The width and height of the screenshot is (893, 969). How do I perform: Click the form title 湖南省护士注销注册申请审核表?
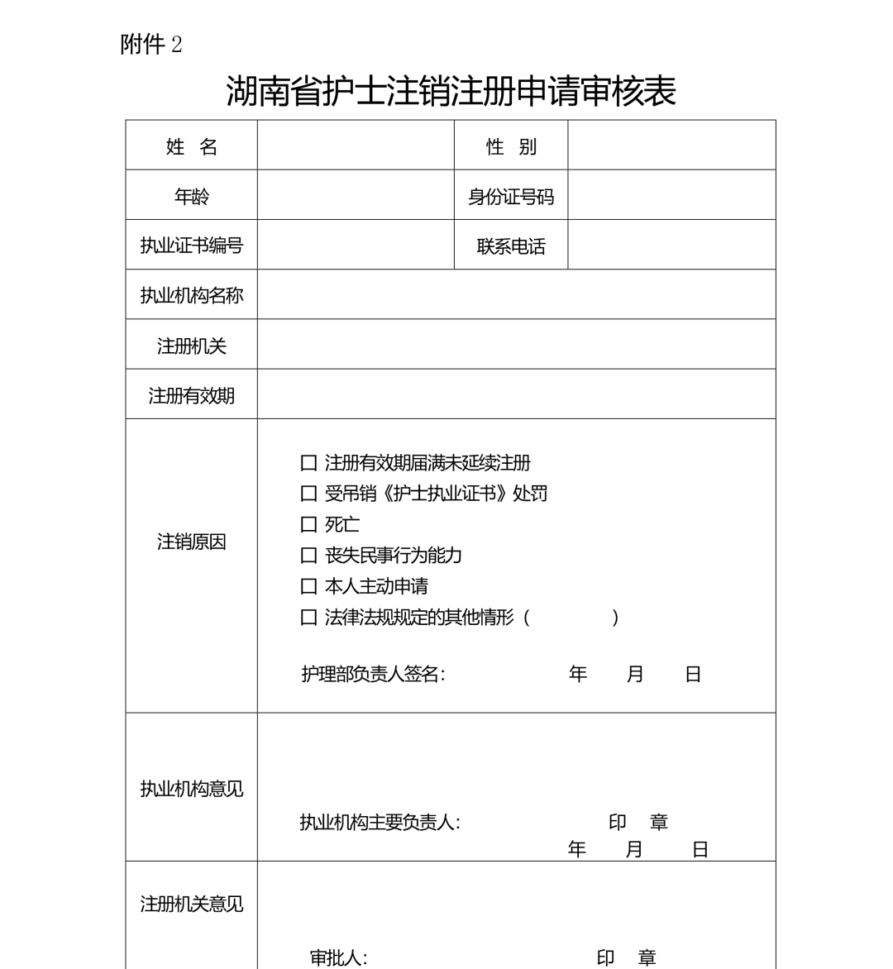[451, 91]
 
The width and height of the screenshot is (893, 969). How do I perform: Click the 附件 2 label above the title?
[150, 45]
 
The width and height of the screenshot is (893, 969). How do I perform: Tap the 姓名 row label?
[191, 147]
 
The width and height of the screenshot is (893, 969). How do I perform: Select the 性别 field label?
[511, 147]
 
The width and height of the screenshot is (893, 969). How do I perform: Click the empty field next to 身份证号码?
[671, 196]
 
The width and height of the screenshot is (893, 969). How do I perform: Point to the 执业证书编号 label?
[191, 246]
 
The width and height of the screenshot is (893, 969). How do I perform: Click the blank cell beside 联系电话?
[671, 246]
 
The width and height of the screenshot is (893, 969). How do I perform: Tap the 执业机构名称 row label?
[191, 295]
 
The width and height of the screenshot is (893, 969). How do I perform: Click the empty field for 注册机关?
[516, 345]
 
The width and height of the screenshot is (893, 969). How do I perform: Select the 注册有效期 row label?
[191, 395]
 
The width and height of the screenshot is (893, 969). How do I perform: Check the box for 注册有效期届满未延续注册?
[309, 463]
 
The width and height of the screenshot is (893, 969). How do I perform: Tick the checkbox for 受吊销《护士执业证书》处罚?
[309, 494]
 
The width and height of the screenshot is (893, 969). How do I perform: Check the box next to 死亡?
[309, 524]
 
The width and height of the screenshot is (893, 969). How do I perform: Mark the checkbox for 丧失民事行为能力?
[309, 556]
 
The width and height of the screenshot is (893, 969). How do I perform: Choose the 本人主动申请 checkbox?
[309, 586]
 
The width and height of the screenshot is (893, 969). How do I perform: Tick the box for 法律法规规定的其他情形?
[309, 618]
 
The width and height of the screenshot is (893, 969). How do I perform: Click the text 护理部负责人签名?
[373, 675]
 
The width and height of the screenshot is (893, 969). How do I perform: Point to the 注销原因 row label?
[191, 542]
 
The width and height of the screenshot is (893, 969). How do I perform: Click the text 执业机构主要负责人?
[380, 823]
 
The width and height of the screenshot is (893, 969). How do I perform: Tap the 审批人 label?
[338, 957]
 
